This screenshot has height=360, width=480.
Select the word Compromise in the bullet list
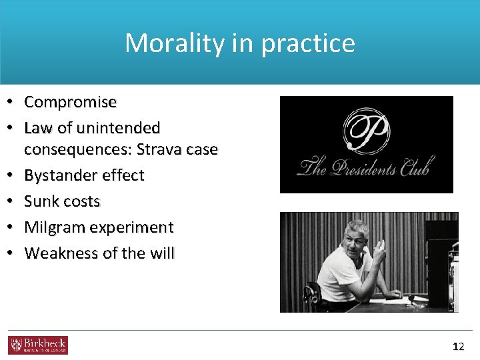[x=70, y=103]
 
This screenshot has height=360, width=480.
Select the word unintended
[x=119, y=127]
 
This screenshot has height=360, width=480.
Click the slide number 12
[x=458, y=346]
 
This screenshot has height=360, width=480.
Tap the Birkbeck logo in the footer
[x=38, y=345]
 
